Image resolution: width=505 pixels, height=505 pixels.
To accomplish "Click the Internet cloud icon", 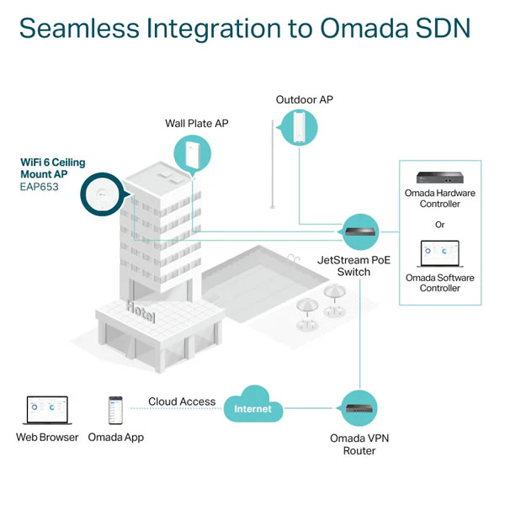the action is point(253,405).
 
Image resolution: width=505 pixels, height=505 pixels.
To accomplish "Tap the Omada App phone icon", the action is point(115,410).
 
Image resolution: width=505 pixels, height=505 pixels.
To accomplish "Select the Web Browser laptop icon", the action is point(47,411).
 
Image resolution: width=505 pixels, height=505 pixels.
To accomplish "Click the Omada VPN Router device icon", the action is point(359,408).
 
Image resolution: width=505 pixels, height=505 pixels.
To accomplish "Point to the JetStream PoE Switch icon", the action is point(359,232).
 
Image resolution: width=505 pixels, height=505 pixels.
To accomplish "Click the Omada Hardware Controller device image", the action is point(439,177).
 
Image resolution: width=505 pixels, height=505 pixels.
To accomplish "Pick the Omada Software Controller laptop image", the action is point(440,254).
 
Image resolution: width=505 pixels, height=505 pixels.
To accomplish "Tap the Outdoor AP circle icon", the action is point(299,128).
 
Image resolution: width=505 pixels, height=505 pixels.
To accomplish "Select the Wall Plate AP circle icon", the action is point(192,155).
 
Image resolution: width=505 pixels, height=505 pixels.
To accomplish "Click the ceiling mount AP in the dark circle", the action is point(103,194).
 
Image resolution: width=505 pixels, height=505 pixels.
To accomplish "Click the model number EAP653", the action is point(40,187).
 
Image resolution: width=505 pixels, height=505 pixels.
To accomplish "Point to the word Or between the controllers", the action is point(439,225).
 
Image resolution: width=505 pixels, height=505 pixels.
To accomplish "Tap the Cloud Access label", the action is point(182,401).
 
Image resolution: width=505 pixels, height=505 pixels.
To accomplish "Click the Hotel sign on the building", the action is point(141,311).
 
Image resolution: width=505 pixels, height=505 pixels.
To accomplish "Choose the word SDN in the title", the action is point(443,29).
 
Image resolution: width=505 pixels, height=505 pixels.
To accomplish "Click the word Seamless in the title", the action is point(79,29).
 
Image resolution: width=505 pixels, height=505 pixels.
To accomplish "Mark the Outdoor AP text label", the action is point(305,100).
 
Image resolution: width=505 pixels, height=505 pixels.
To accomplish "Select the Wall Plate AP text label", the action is point(197,124).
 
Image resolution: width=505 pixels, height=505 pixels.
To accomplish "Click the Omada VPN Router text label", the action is point(359,444).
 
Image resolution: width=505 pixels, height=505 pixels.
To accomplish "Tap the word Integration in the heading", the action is point(214,29).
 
